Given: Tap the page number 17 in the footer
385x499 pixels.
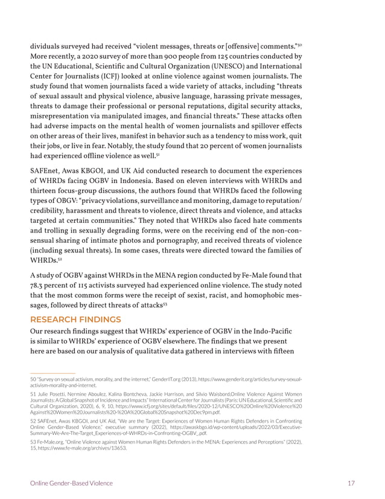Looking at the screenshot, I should click(x=351, y=483).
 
